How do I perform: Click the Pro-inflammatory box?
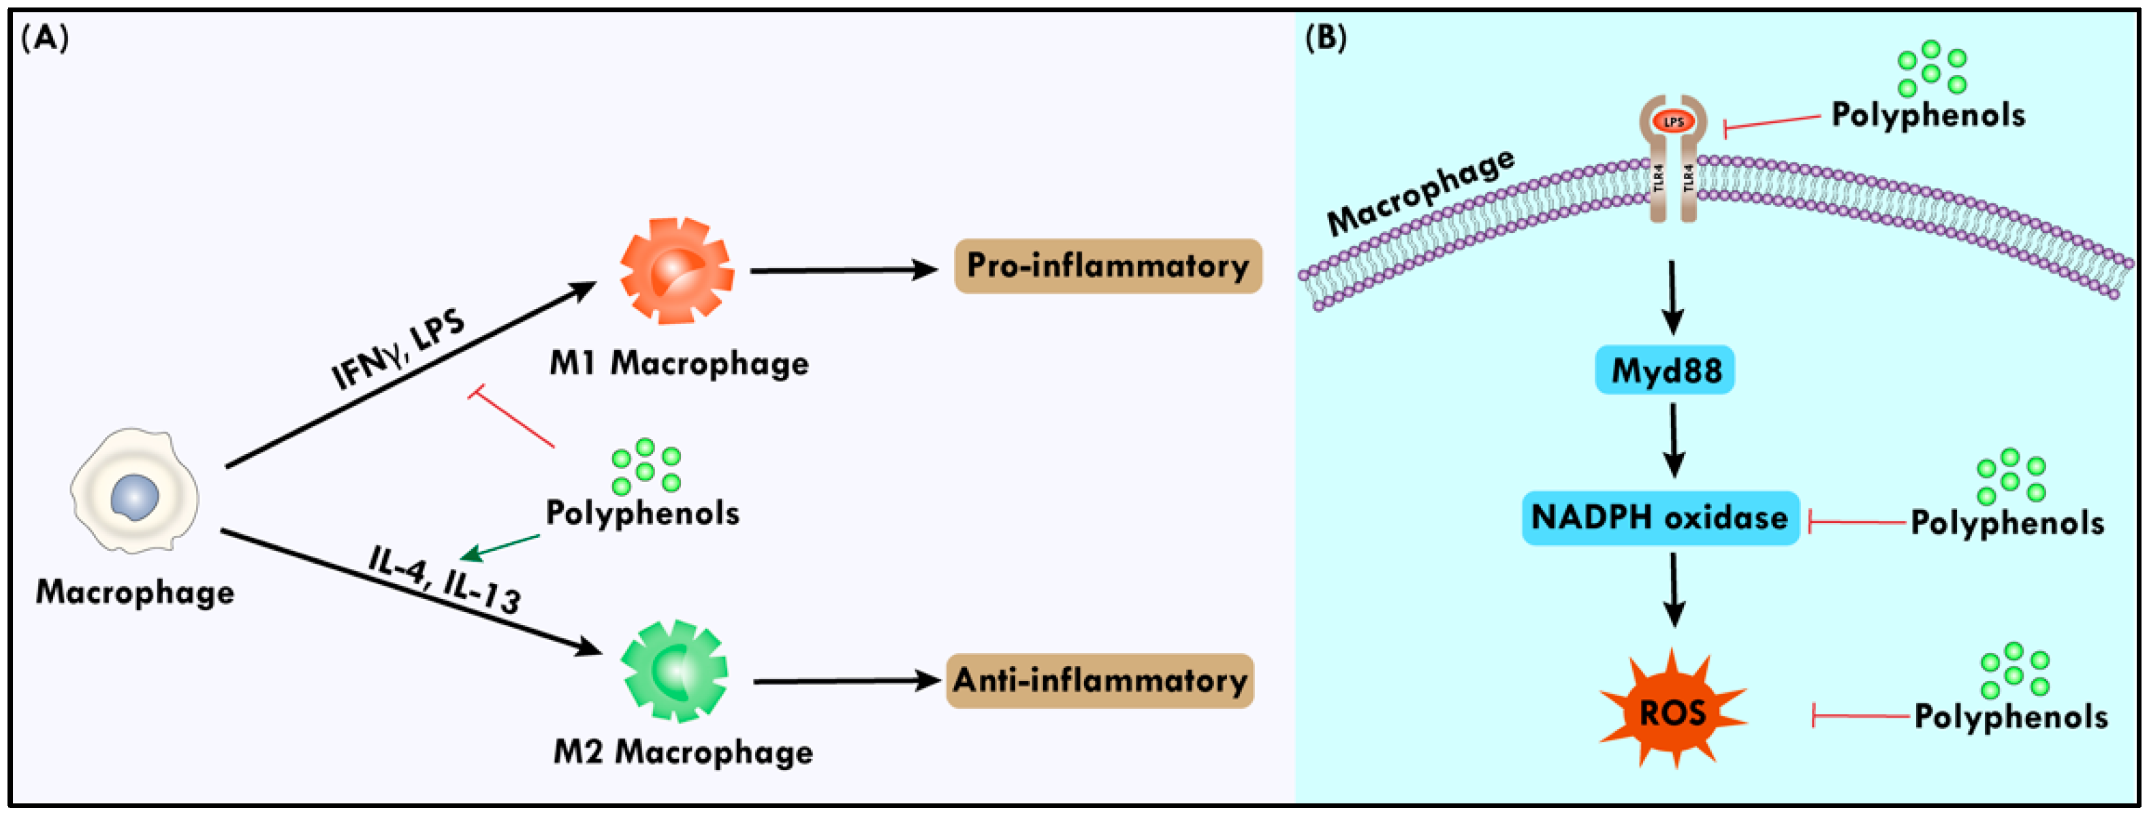pyautogui.click(x=1107, y=266)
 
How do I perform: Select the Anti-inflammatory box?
pyautogui.click(x=1100, y=681)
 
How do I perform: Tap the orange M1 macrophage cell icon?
pyautogui.click(x=677, y=270)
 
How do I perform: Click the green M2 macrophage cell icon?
pyautogui.click(x=674, y=671)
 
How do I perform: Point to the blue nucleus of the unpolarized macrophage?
pyautogui.click(x=134, y=498)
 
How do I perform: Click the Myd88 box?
pyautogui.click(x=1665, y=370)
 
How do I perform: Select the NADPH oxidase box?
pyautogui.click(x=1660, y=518)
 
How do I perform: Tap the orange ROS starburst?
pyautogui.click(x=1672, y=712)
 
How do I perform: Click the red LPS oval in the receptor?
pyautogui.click(x=1674, y=123)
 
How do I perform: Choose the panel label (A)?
pyautogui.click(x=44, y=38)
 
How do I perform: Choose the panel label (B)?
pyautogui.click(x=1325, y=38)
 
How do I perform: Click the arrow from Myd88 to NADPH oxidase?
pyautogui.click(x=1674, y=440)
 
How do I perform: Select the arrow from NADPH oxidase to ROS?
pyautogui.click(x=1674, y=589)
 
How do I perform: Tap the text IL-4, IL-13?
pyautogui.click(x=445, y=580)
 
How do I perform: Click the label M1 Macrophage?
pyautogui.click(x=678, y=364)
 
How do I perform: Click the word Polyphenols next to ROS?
pyautogui.click(x=2011, y=717)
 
